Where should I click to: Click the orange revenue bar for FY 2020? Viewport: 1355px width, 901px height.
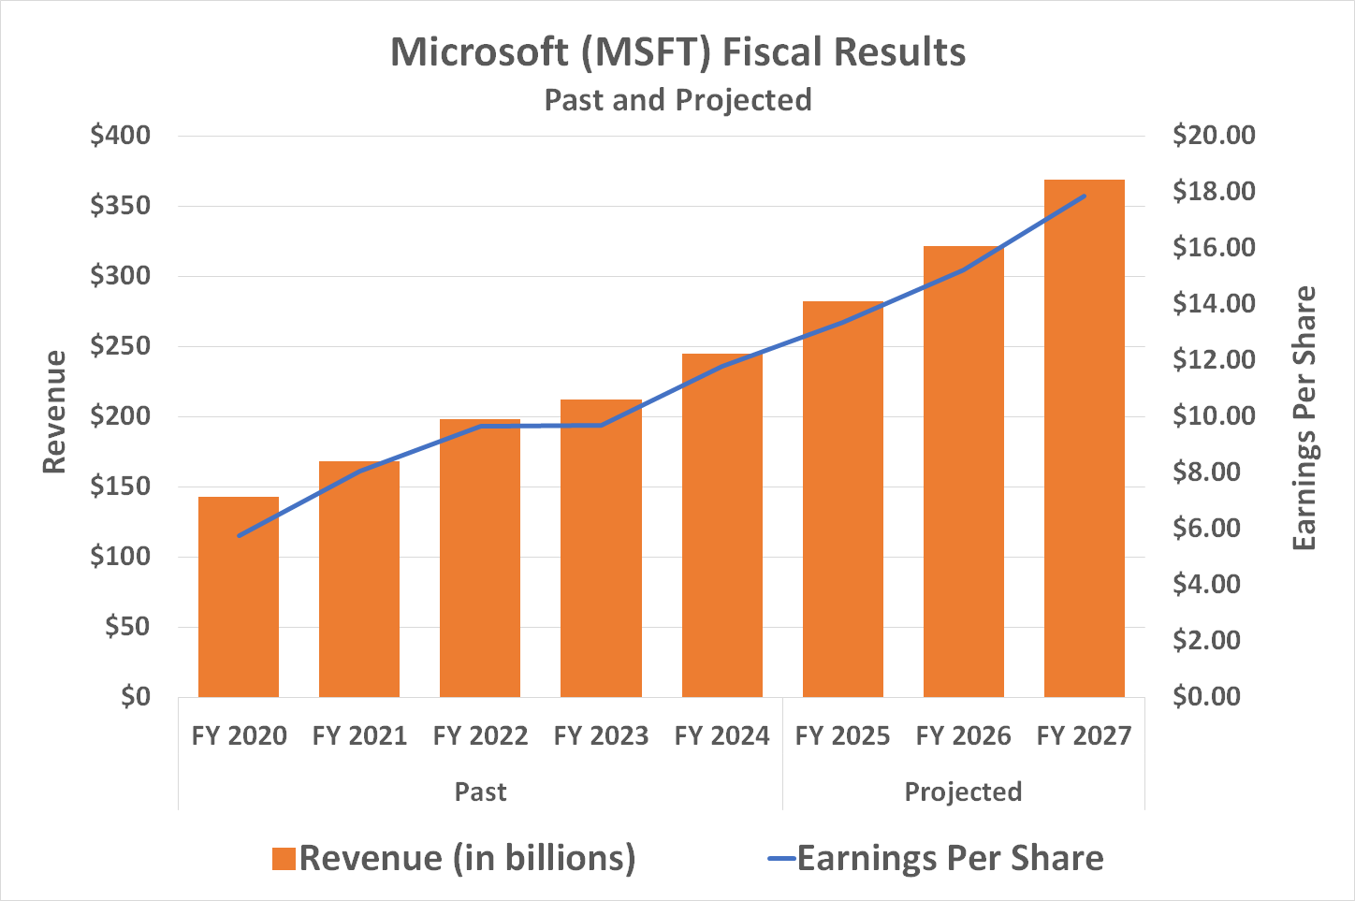click(239, 599)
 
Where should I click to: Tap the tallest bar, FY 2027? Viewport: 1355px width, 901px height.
click(1084, 440)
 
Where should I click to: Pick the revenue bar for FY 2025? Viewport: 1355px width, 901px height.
click(842, 505)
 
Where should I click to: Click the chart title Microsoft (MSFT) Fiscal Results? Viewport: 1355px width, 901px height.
click(677, 52)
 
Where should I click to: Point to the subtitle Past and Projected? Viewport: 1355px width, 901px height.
click(677, 100)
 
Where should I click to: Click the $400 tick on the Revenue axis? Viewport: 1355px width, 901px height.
click(120, 136)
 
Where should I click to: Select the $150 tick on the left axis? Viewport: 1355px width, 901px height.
click(120, 487)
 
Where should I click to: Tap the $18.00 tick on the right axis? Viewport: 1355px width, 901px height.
click(1214, 192)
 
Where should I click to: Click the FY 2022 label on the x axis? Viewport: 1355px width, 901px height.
click(480, 736)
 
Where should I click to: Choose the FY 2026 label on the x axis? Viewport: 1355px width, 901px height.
click(963, 736)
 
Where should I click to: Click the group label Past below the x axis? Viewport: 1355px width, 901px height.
click(480, 792)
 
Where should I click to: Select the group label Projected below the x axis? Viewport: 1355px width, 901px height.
click(963, 792)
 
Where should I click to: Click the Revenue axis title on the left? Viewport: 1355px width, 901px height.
click(55, 412)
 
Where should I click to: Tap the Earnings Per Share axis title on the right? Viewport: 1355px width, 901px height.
click(1304, 418)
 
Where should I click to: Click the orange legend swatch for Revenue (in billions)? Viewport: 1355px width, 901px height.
click(284, 859)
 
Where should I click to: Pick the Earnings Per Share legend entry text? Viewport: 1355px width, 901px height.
click(950, 859)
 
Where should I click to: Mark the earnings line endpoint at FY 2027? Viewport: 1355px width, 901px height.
click(1084, 196)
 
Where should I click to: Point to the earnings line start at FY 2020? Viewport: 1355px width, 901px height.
click(240, 536)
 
